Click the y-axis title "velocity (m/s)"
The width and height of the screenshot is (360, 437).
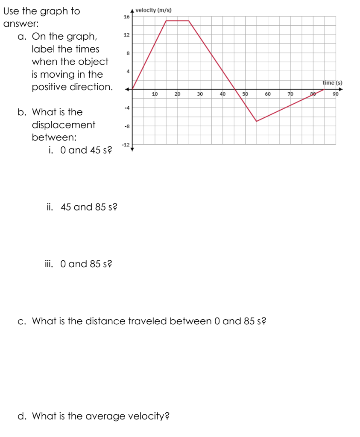click(154, 10)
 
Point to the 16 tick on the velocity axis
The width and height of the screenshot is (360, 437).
click(126, 17)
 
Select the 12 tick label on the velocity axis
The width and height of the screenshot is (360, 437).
click(126, 35)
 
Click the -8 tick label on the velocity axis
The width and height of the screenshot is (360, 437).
click(126, 126)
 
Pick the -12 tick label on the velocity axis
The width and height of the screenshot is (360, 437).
click(125, 145)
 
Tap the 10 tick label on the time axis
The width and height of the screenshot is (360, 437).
click(155, 93)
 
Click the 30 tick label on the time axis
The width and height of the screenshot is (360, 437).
click(200, 93)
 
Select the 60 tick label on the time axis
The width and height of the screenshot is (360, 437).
click(267, 93)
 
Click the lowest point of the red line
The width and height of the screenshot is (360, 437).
click(257, 122)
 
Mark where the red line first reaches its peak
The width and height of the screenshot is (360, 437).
click(166, 20)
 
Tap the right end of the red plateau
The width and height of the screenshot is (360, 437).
click(189, 20)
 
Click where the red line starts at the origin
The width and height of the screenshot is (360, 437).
click(132, 89)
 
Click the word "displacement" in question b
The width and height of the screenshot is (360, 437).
click(64, 125)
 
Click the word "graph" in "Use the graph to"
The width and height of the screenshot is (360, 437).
click(50, 12)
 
